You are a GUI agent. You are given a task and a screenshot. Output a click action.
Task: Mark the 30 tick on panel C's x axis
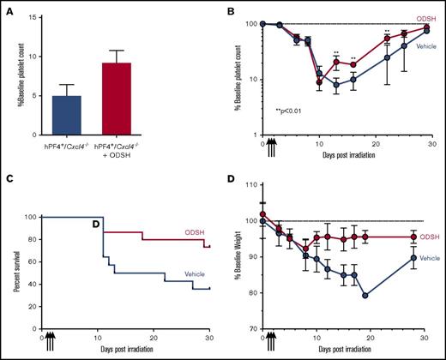[208, 338]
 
